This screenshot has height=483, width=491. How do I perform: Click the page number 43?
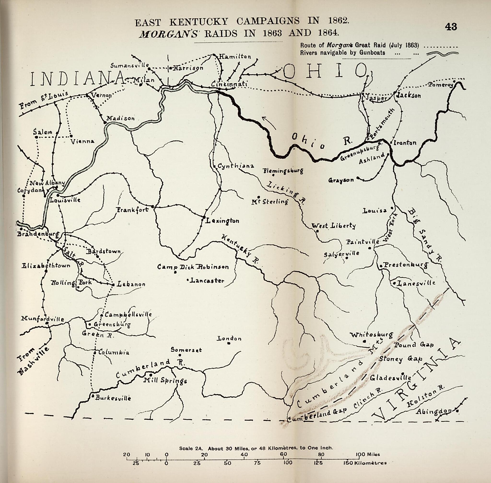451,27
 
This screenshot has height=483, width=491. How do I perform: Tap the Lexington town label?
222,221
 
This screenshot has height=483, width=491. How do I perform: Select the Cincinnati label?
229,84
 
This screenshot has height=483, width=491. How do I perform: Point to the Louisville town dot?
58,195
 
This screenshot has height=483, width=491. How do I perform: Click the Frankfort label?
132,210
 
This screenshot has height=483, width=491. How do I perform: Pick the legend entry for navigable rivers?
343,53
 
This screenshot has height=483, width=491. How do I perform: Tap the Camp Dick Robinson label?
193,267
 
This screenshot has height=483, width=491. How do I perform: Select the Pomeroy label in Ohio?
440,85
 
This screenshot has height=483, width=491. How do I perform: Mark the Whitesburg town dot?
364,341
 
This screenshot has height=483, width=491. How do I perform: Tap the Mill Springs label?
165,381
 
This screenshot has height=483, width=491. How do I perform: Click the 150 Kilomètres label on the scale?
365,463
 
